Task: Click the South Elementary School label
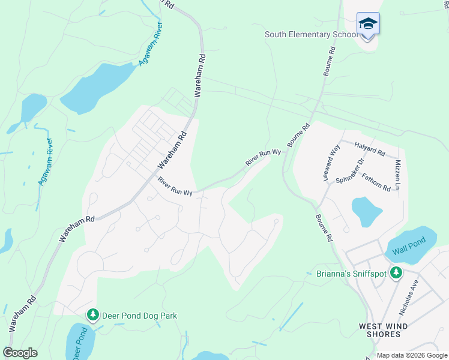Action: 311,34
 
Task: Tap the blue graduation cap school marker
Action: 368,24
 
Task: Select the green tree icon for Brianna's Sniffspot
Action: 396,273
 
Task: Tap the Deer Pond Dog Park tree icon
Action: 92,315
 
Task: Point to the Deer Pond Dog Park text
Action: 139,316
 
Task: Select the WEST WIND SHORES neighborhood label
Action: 379,330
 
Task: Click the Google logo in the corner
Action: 20,353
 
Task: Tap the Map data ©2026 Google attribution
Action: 412,355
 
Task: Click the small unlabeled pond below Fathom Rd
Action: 366,211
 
